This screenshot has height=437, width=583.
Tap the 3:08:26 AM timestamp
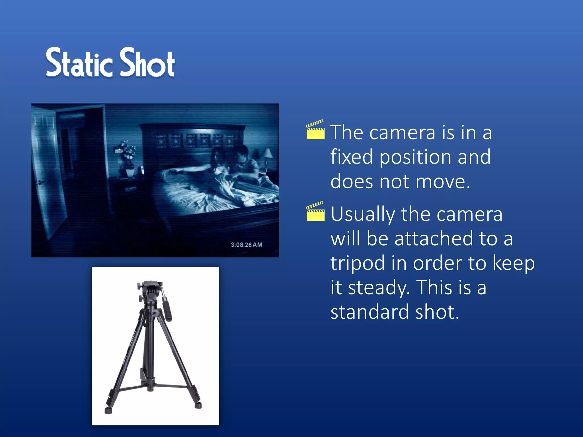pyautogui.click(x=246, y=245)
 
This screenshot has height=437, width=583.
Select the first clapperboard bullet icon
pyautogui.click(x=315, y=130)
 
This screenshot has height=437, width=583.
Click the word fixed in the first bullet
pyautogui.click(x=351, y=157)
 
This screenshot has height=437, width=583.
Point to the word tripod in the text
pyautogui.click(x=358, y=263)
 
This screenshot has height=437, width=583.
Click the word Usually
pyautogui.click(x=363, y=214)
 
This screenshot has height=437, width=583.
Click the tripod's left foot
pyautogui.click(x=108, y=410)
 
